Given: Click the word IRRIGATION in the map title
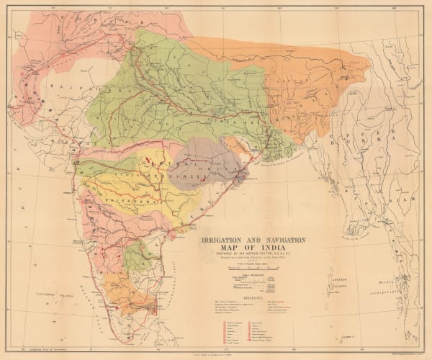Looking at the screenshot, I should click(x=222, y=238).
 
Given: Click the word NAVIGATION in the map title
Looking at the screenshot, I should click(x=282, y=238).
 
